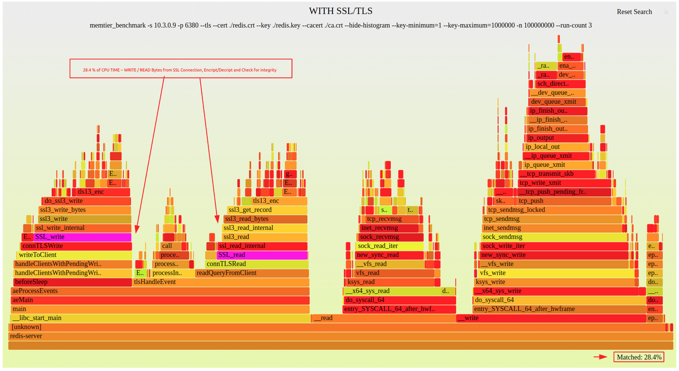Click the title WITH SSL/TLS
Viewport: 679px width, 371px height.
tap(340, 11)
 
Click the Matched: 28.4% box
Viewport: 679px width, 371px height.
tap(639, 357)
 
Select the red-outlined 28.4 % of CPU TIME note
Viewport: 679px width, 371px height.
tap(180, 69)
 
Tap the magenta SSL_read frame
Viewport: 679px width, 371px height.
tap(262, 255)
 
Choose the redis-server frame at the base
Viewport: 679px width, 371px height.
tap(340, 336)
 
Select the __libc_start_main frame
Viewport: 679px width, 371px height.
tap(159, 318)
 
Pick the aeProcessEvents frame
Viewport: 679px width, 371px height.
tap(159, 291)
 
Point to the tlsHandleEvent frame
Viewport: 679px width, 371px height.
tap(221, 282)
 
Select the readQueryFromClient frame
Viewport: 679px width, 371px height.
tap(252, 273)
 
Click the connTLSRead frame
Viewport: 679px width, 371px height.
tap(256, 264)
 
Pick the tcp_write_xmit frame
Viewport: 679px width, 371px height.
tap(565, 183)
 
